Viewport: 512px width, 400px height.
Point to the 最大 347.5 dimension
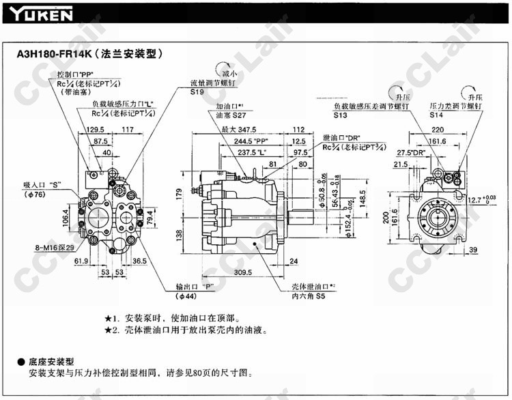[238, 129]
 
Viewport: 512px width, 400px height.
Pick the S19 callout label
[198, 91]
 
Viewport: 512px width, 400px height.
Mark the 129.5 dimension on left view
[95, 129]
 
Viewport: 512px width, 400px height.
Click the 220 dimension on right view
[437, 129]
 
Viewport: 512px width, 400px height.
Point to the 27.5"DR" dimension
[412, 152]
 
